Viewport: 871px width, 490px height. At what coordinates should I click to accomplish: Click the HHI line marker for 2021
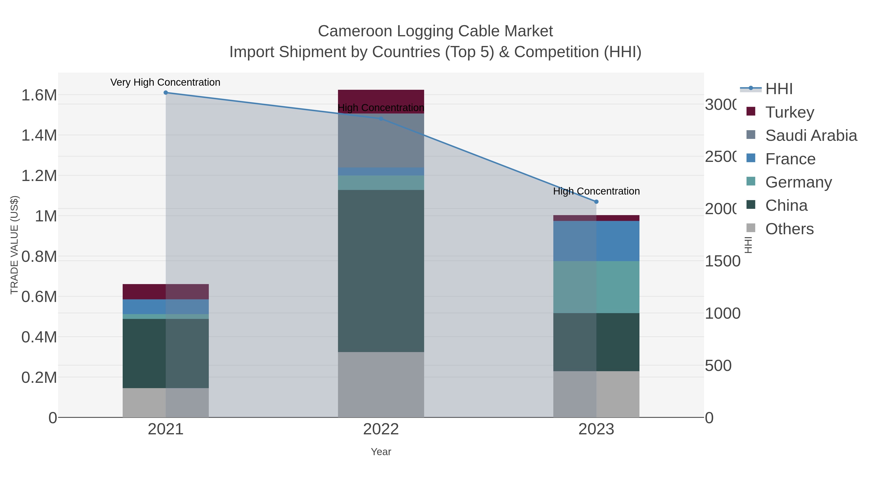166,93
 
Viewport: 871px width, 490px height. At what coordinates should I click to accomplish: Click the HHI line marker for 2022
381,119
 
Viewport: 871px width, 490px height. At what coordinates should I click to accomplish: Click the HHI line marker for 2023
596,202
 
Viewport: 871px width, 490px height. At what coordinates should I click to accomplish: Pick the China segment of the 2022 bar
381,271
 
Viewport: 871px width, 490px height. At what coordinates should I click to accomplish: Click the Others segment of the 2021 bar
166,402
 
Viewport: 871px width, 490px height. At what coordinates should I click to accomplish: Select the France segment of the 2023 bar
596,241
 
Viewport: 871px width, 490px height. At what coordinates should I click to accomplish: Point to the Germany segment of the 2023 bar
596,287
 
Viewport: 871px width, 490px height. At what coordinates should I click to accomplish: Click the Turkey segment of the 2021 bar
166,292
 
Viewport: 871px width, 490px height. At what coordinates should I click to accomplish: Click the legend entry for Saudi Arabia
811,136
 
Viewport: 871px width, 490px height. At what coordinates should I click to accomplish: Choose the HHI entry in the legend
779,89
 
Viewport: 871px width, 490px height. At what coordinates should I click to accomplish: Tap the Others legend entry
789,229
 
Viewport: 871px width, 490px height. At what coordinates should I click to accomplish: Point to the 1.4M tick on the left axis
39,135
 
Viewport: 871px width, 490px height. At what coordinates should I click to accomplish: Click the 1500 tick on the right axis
722,261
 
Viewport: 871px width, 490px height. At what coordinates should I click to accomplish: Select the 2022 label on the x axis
381,430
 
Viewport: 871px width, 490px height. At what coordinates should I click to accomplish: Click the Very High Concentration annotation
165,82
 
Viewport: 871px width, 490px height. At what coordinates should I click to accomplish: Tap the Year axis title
381,452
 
